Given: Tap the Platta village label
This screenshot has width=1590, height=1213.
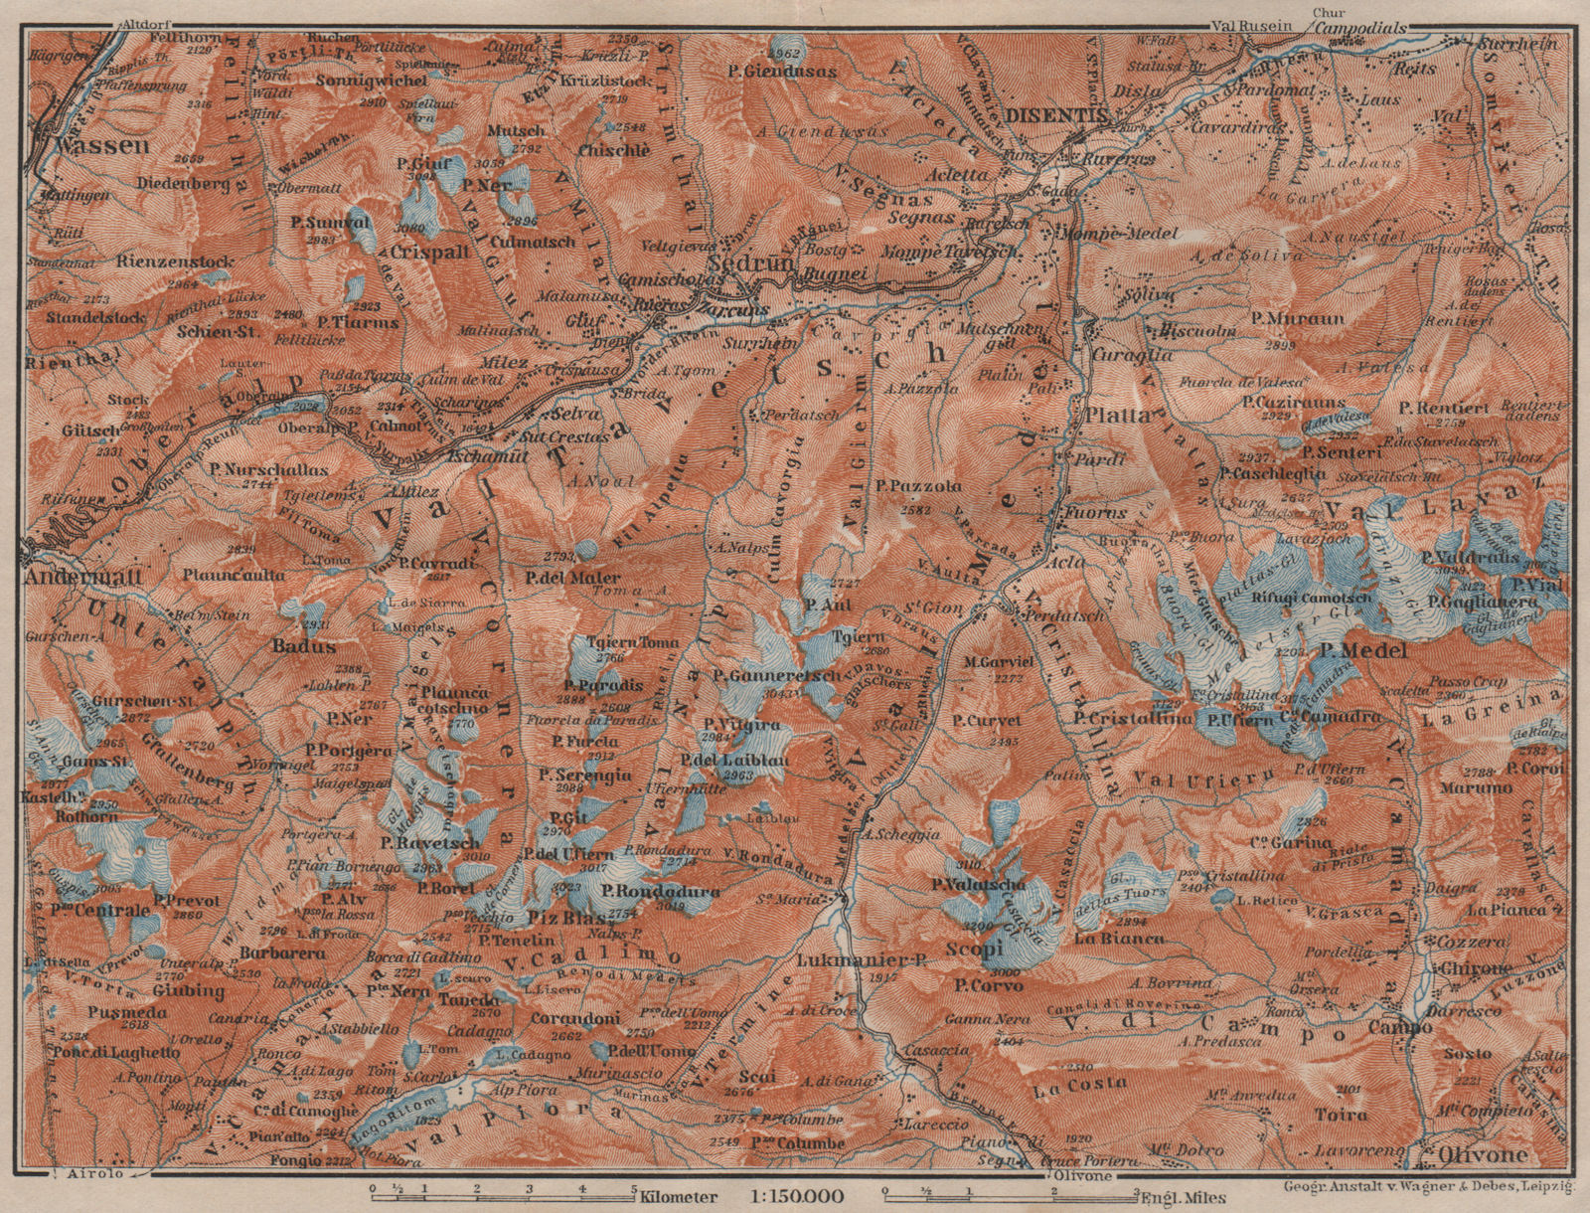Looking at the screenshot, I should point(1116,416).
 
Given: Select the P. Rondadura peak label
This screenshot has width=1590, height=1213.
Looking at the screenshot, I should point(646,892).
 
